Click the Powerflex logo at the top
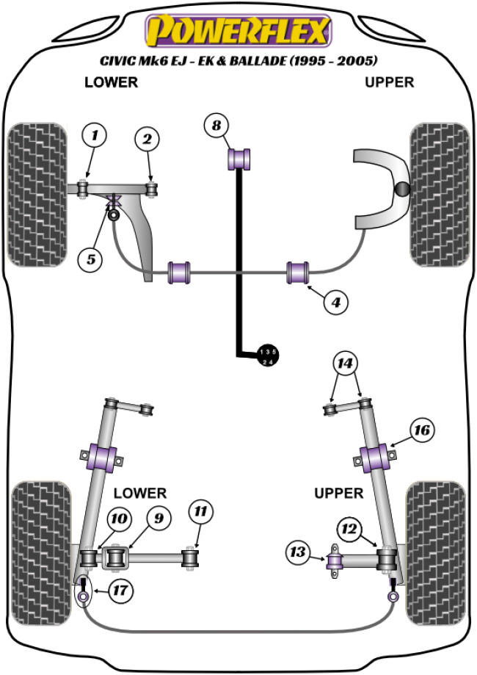point(238,32)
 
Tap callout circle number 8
point(216,126)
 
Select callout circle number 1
point(94,135)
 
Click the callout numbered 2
point(147,139)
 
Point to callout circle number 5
point(91,259)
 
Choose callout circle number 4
point(335,301)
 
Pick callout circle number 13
point(298,551)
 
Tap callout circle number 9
point(156,519)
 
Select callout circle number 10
point(117,519)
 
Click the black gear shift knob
point(269,355)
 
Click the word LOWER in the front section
point(111,82)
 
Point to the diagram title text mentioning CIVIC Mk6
point(238,60)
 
